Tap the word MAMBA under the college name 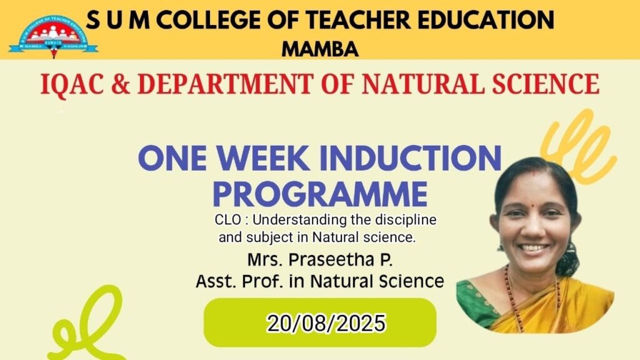[x=320, y=49]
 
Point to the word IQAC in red [x=72, y=84]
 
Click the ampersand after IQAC [x=121, y=84]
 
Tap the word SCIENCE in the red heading [x=546, y=84]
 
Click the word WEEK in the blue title [x=263, y=158]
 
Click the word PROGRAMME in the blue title [x=320, y=194]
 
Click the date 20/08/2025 [x=326, y=323]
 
